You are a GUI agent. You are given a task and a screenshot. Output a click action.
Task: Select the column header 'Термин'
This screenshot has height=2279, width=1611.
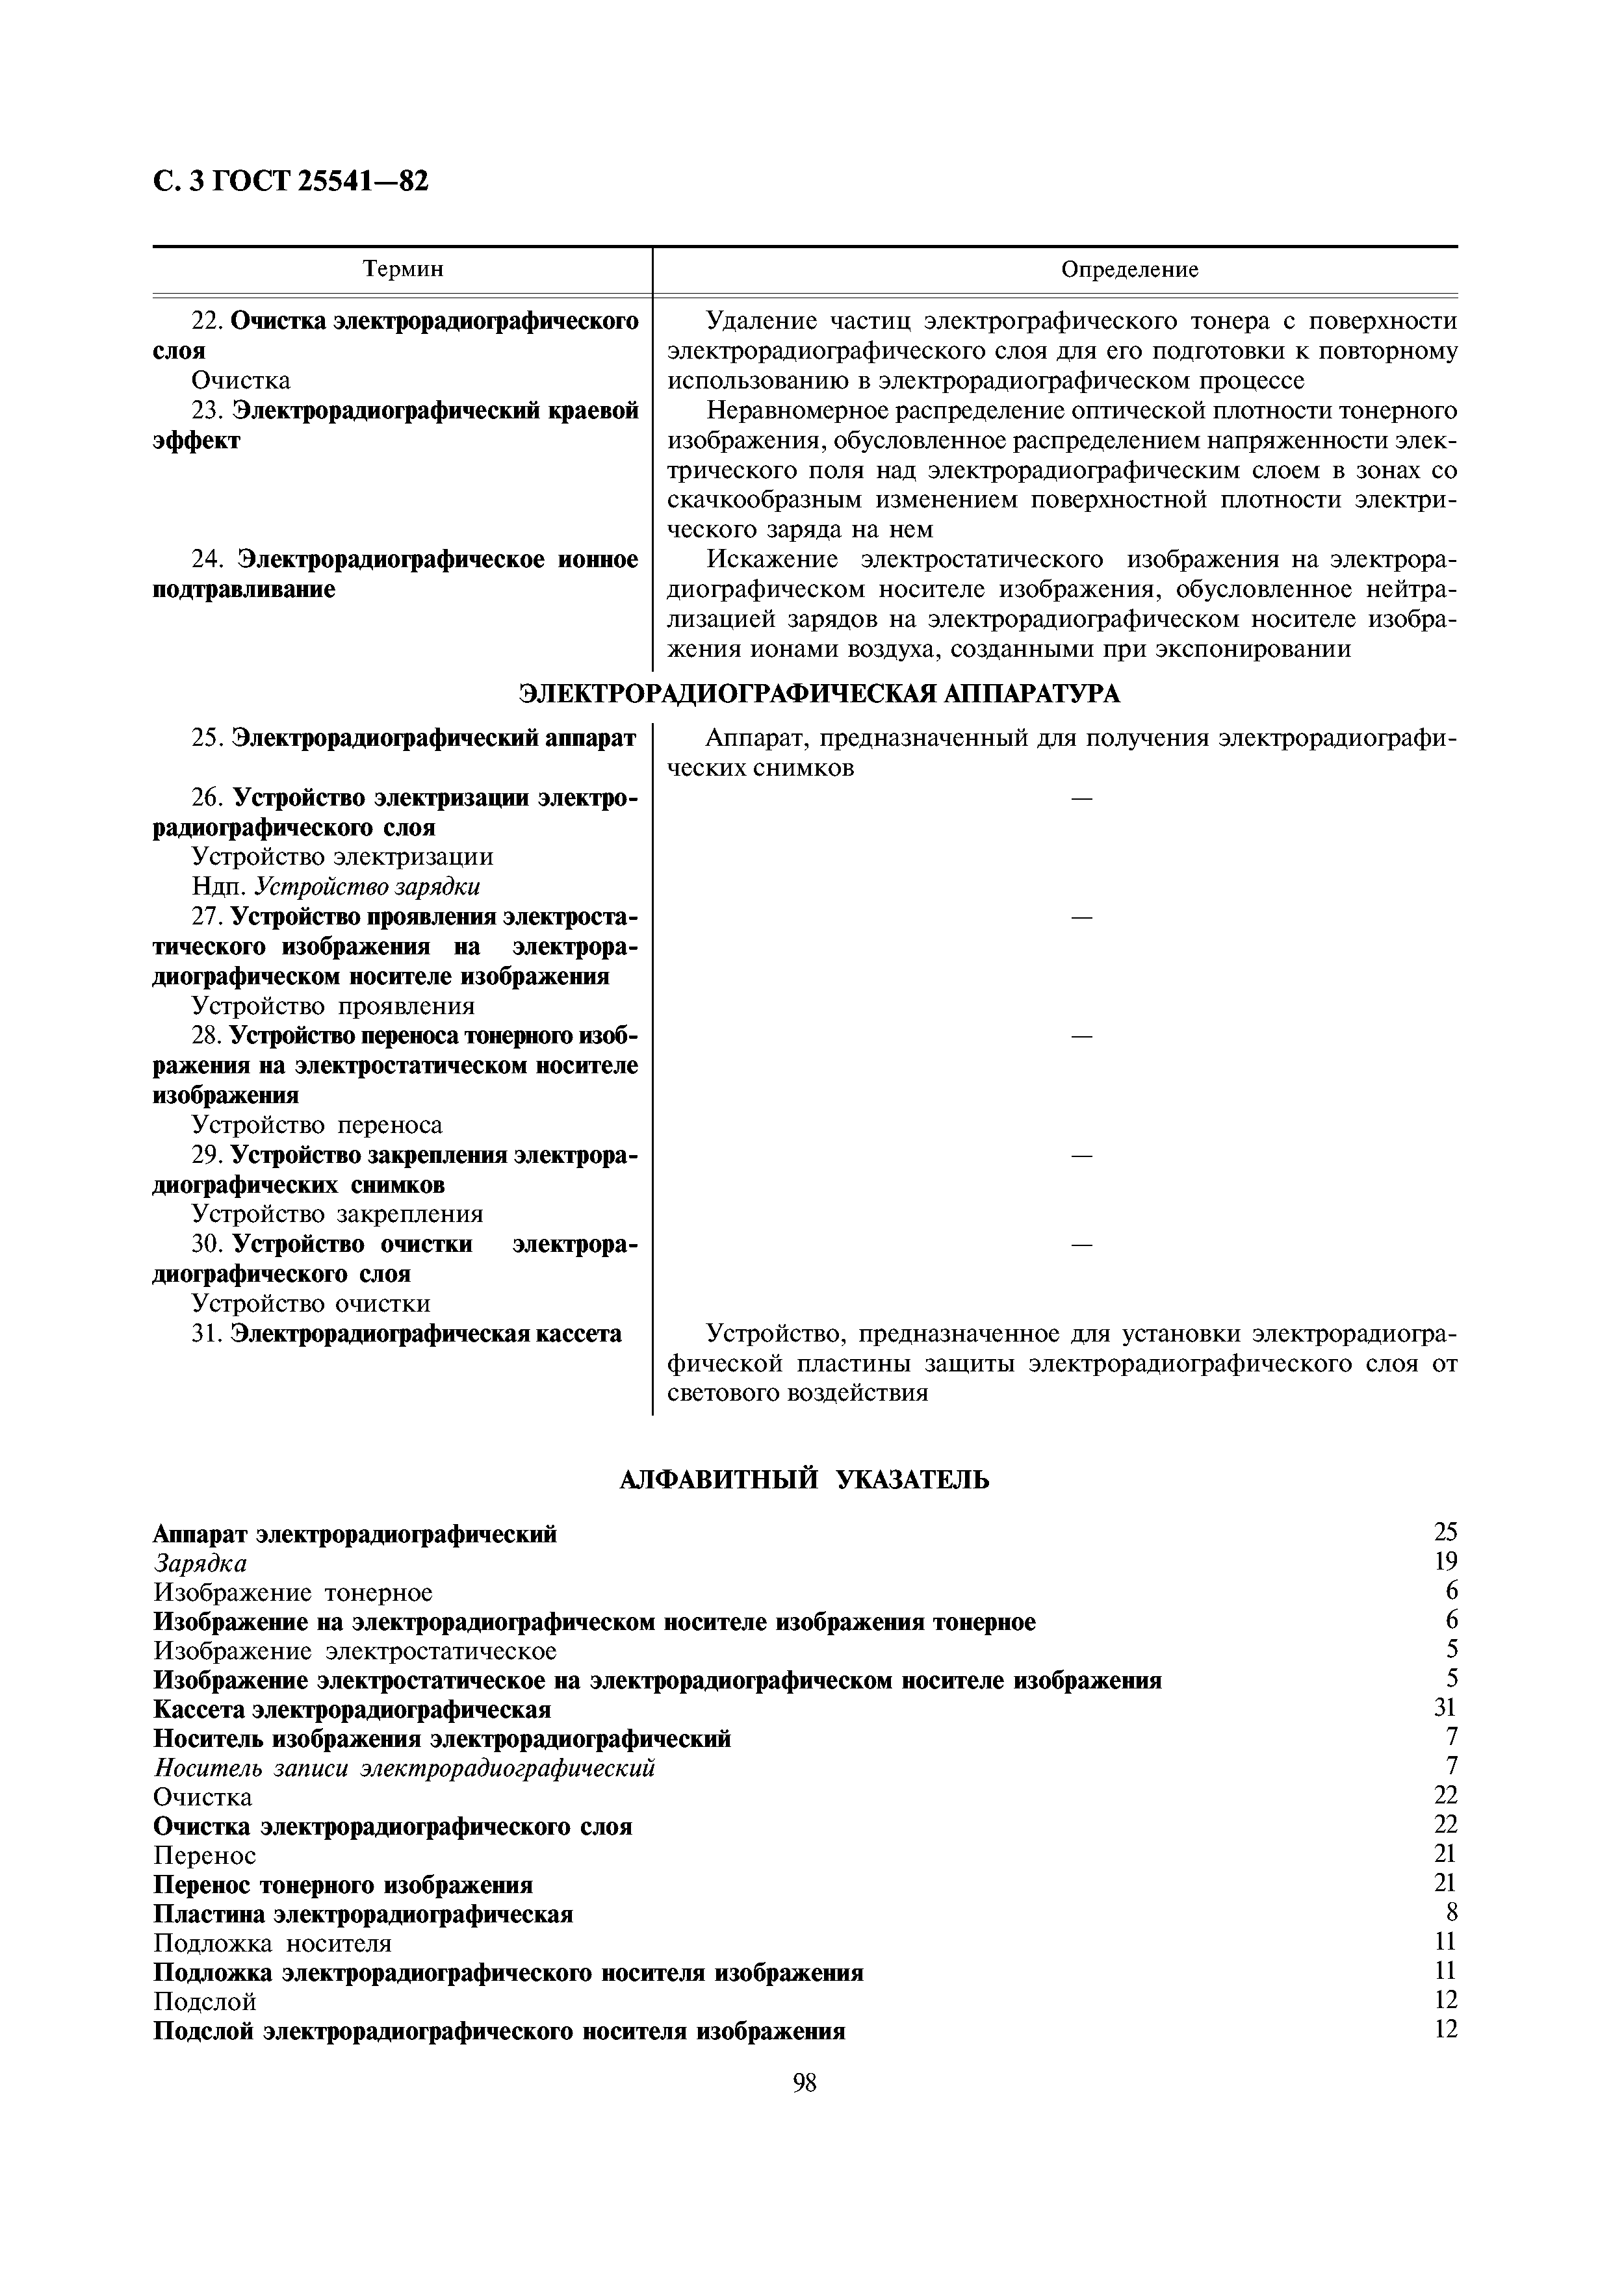coord(402,269)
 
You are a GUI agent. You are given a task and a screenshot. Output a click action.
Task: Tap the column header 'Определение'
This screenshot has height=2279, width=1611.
coord(1129,269)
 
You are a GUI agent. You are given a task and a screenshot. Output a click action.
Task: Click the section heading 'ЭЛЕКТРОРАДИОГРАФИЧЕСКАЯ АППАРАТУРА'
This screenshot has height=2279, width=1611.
coord(820,694)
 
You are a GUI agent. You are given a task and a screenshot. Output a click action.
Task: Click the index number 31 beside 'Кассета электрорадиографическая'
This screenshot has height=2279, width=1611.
coord(1444,1707)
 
